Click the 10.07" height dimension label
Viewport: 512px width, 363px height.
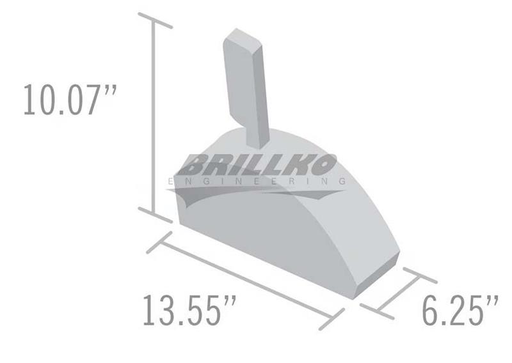70,100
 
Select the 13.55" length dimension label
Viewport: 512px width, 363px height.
189,310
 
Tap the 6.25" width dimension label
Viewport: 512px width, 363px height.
460,310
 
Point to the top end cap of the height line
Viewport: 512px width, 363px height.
155,20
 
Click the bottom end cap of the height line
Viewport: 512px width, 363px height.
155,215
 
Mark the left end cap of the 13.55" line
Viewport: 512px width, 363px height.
159,242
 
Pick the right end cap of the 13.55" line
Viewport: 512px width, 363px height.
332,320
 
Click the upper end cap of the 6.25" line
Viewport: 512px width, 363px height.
420,275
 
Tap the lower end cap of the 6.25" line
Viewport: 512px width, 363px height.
377,311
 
